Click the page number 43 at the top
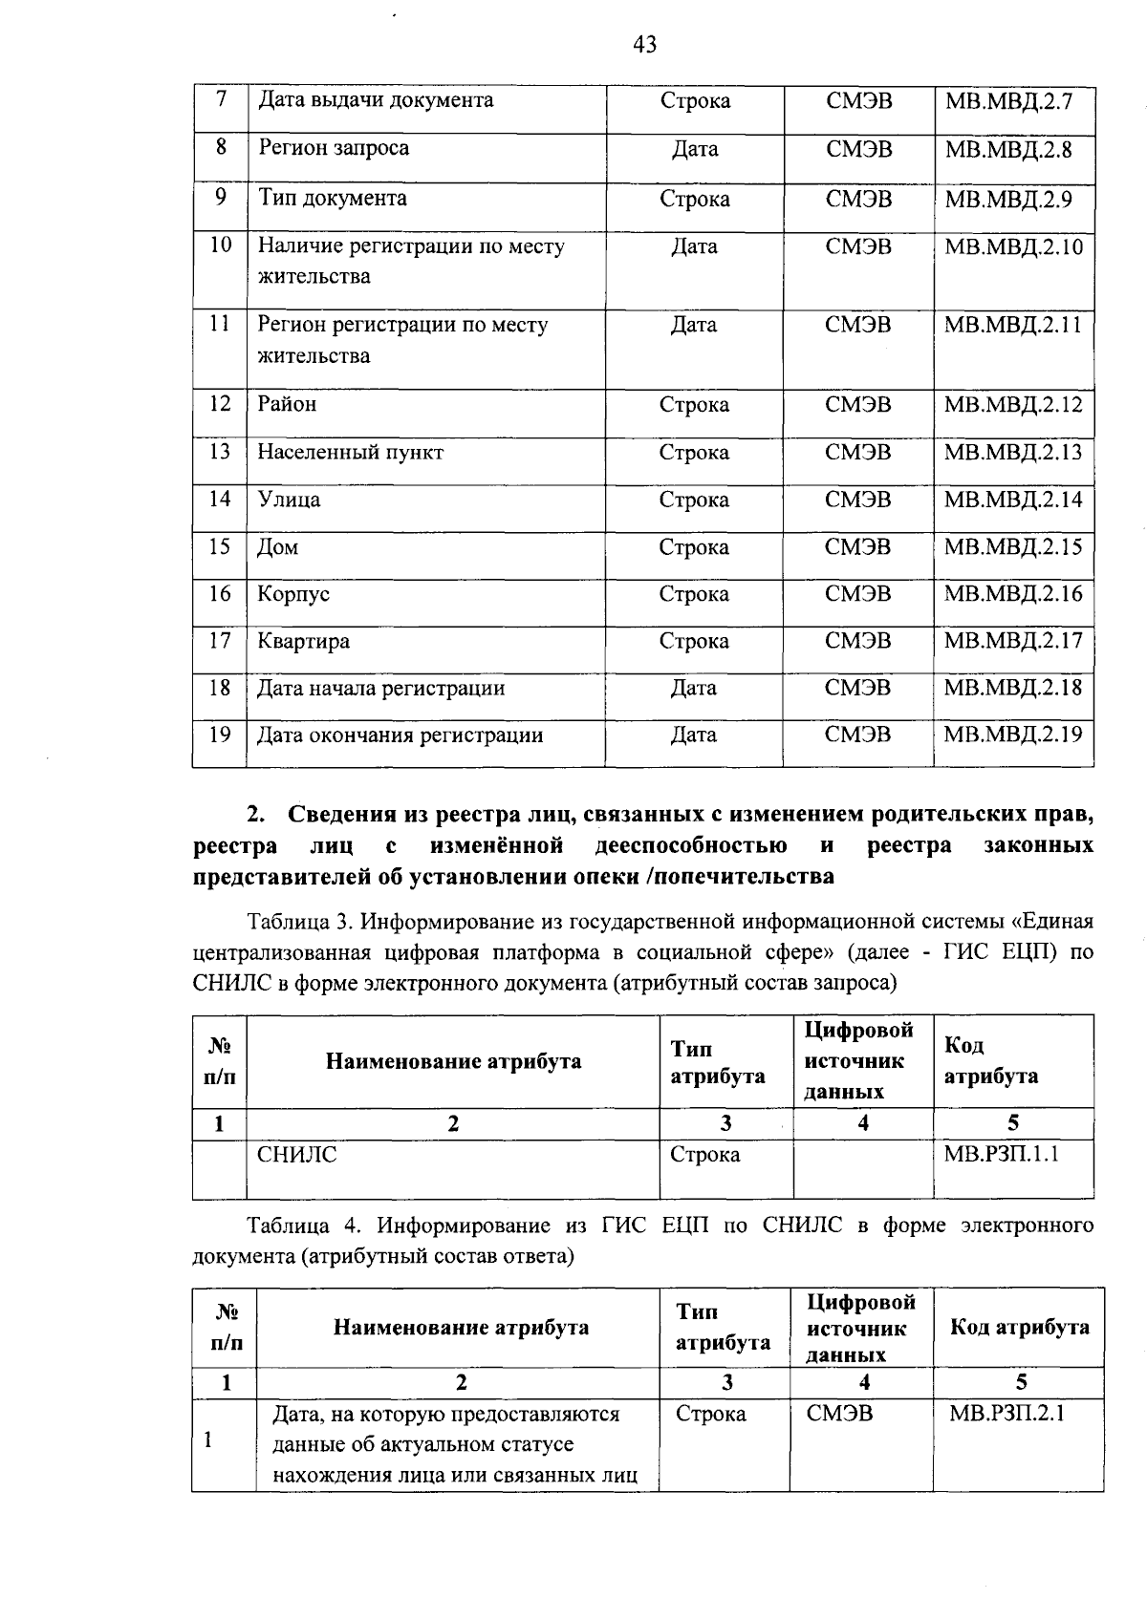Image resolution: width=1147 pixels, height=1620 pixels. [x=644, y=44]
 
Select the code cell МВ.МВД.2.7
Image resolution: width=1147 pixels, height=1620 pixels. [x=1008, y=101]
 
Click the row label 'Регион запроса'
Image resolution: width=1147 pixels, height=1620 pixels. [x=334, y=148]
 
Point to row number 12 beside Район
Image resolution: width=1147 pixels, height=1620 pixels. [x=220, y=404]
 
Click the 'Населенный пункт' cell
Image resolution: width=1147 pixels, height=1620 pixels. [x=351, y=452]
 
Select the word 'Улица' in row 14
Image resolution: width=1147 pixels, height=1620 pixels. [x=289, y=500]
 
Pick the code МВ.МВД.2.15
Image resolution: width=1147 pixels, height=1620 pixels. [x=1013, y=547]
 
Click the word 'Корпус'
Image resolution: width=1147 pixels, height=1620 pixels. [x=293, y=594]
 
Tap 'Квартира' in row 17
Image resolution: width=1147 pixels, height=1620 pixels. [x=303, y=641]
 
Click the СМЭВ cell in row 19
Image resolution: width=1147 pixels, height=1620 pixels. [x=857, y=735]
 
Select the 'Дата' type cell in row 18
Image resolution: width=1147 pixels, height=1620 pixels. [x=694, y=688]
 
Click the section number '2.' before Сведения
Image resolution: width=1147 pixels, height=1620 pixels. [x=255, y=815]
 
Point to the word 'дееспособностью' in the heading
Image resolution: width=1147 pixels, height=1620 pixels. [x=690, y=846]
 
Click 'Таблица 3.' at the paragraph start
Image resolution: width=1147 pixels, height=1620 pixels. [x=301, y=922]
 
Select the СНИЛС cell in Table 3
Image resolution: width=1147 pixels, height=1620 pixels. [x=297, y=1155]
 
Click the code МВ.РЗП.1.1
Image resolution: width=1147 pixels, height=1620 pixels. [x=1002, y=1155]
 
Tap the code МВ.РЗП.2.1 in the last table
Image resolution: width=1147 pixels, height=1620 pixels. [x=1006, y=1414]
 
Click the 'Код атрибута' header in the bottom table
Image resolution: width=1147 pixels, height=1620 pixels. [x=1019, y=1328]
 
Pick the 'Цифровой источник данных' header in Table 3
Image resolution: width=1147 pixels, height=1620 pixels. [x=857, y=1061]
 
